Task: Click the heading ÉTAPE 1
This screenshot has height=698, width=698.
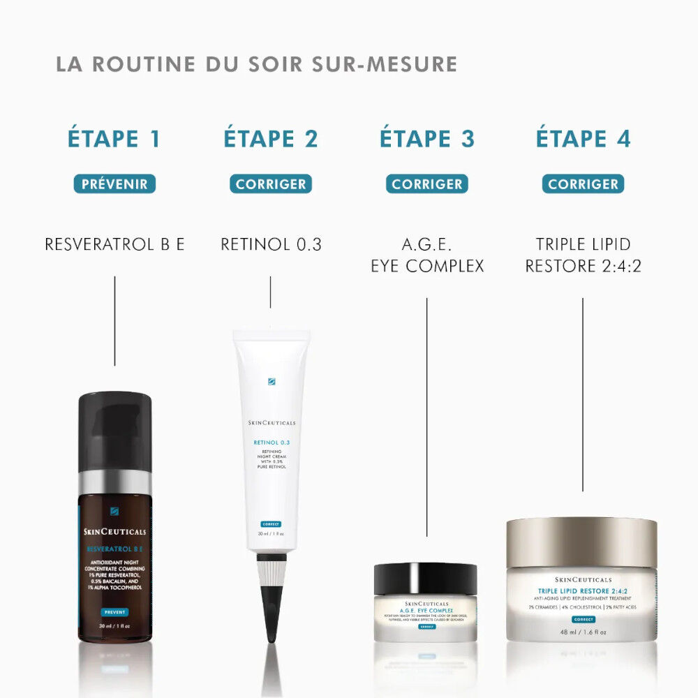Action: tap(114, 139)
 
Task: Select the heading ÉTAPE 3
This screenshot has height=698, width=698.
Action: tap(426, 139)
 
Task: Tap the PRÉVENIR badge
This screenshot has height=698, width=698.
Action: tap(114, 184)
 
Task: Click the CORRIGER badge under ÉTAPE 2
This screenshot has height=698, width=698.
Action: tap(271, 184)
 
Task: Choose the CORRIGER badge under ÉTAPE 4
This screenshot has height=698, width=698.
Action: tap(583, 184)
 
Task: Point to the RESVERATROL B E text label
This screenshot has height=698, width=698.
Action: tap(114, 244)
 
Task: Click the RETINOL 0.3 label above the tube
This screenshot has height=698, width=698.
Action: tap(271, 244)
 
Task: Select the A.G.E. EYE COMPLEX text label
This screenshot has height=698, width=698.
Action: tap(426, 255)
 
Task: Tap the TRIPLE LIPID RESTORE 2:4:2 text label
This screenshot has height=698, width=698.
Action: tap(583, 255)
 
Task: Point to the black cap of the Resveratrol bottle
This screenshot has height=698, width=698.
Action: tap(114, 429)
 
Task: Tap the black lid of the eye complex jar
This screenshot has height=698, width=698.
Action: tap(425, 578)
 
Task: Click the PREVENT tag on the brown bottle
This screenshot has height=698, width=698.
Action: tap(114, 612)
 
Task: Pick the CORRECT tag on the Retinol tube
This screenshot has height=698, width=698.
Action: tap(271, 523)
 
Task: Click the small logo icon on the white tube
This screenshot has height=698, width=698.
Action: tap(272, 382)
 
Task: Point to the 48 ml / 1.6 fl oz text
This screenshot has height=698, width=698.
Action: tap(582, 632)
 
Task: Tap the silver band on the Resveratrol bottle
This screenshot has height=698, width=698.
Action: tap(114, 482)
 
